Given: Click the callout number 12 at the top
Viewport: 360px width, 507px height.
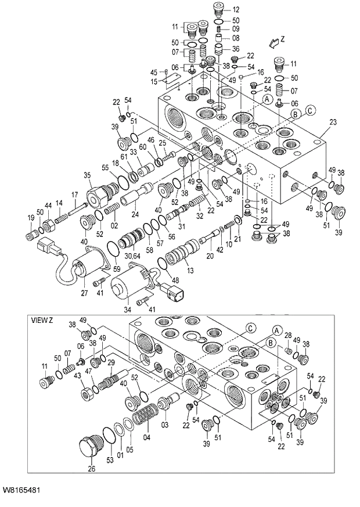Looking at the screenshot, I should tap(236, 9).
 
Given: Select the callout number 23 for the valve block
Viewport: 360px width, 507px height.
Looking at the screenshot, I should tap(333, 122).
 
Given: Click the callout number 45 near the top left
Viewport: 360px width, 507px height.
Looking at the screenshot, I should tap(154, 72).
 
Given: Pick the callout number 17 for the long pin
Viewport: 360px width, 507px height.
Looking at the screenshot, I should tap(74, 195).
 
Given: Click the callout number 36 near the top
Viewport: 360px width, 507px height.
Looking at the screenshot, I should tap(236, 48).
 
